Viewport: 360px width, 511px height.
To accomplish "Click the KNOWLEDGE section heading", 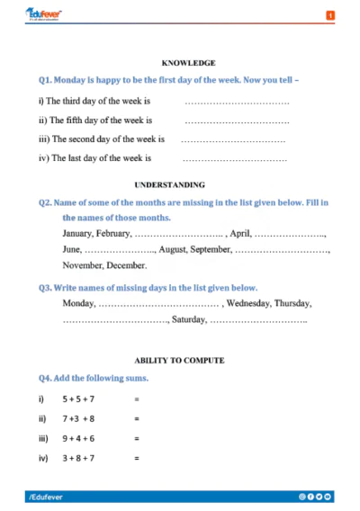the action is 188,63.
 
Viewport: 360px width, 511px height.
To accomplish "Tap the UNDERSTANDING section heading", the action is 181,184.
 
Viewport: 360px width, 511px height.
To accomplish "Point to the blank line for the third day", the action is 237,103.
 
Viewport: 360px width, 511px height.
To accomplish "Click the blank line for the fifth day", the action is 237,121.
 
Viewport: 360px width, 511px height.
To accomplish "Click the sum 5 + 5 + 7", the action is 78,398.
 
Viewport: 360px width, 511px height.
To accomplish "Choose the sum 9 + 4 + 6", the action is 78,438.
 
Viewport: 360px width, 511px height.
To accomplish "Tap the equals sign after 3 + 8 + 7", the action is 137,458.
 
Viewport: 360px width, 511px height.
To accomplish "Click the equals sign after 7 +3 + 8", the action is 137,418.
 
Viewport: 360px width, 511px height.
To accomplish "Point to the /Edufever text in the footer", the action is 44,496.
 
